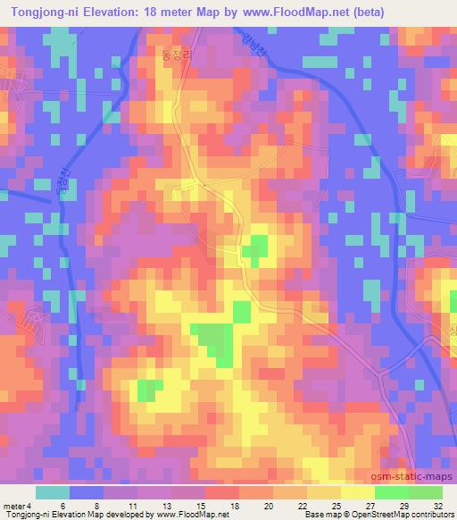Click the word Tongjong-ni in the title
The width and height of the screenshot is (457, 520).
tap(42, 12)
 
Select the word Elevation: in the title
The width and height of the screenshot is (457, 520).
tap(116, 12)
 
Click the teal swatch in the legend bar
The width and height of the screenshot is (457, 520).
tap(53, 491)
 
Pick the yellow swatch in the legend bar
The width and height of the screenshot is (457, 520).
tap(357, 491)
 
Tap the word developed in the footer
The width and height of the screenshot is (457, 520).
tap(124, 515)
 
